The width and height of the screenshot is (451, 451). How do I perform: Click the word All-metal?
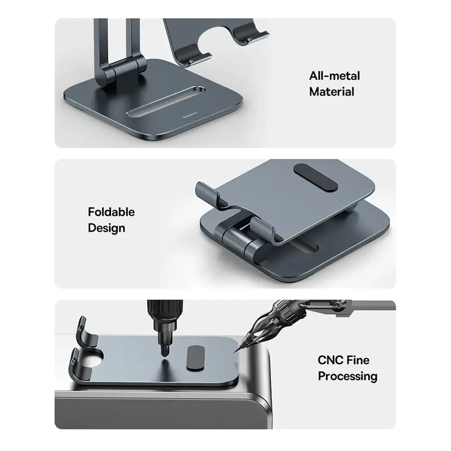coord(334,76)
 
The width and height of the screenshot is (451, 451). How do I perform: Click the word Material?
coord(331,92)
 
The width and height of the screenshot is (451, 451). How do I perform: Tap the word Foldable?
coord(111,212)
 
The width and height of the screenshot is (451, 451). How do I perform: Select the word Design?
coord(106,228)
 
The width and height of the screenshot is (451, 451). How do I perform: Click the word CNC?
coord(331,360)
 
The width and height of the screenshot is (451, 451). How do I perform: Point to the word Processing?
coord(347,376)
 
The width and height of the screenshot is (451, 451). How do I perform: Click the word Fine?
coord(358,360)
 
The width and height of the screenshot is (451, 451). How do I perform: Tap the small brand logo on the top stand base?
coord(190,116)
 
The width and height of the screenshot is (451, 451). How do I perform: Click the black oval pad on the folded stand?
coord(316,178)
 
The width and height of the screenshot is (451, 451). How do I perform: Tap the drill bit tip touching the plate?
coord(164,353)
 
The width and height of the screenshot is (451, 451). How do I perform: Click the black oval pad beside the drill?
coord(196,358)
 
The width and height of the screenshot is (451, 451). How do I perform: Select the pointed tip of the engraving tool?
coord(235,352)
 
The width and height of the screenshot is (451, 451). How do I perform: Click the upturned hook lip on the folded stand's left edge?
coord(206,193)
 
